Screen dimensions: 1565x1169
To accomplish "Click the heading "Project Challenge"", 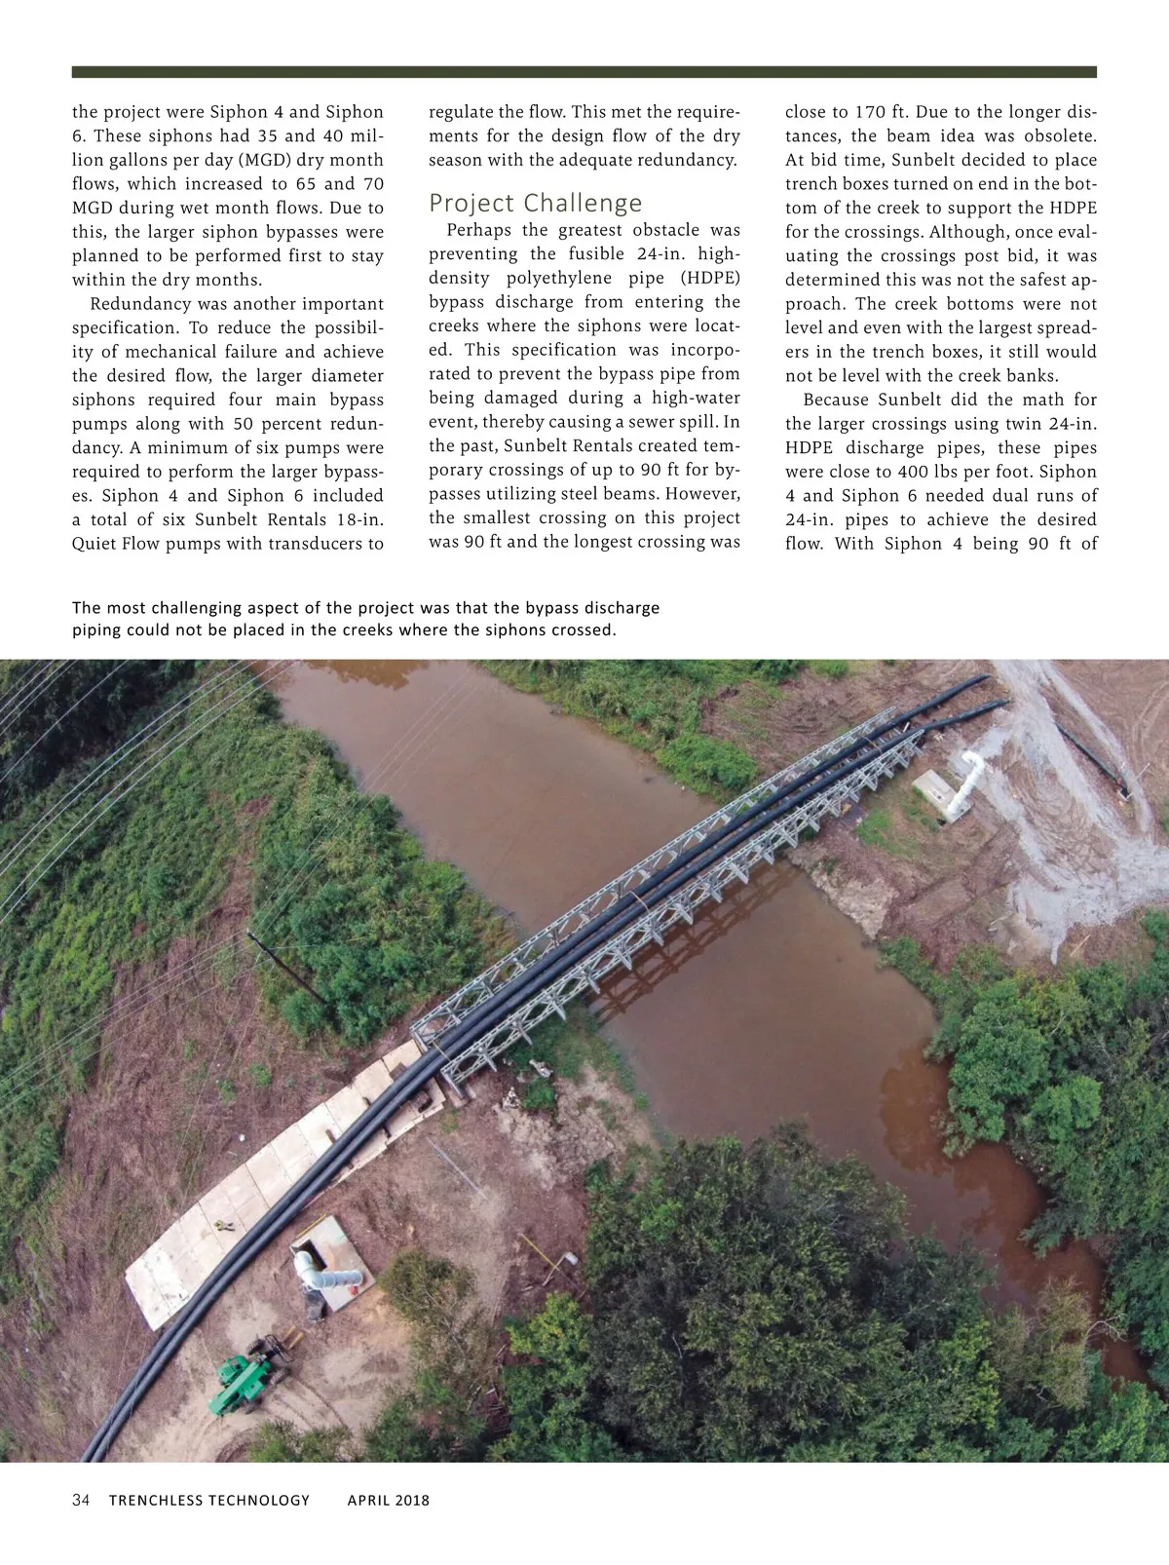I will pyautogui.click(x=536, y=203).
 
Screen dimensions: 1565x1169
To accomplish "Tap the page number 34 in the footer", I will pyautogui.click(x=81, y=1500).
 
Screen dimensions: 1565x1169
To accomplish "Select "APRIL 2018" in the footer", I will pyautogui.click(x=388, y=1500).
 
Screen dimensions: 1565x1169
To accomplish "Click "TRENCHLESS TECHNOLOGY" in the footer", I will pyautogui.click(x=209, y=1500).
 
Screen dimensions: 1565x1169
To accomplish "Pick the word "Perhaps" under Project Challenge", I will pyautogui.click(x=477, y=230).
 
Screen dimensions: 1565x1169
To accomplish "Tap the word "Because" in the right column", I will pyautogui.click(x=837, y=400).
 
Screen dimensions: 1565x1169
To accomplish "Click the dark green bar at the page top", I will pyautogui.click(x=584, y=72).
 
